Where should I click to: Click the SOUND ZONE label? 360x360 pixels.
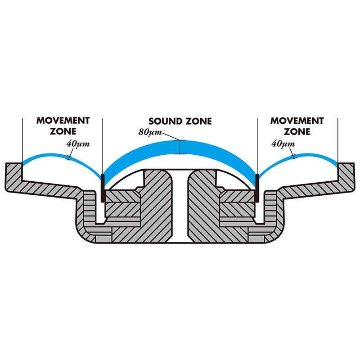(x=180, y=121)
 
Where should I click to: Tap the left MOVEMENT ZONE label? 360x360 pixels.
(x=63, y=126)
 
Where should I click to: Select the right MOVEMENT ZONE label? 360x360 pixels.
(x=297, y=126)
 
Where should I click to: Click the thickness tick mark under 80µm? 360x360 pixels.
(x=180, y=147)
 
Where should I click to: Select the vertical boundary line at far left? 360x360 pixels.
(x=22, y=139)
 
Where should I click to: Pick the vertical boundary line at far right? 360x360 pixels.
(x=338, y=139)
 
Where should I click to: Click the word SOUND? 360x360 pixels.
(x=165, y=121)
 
